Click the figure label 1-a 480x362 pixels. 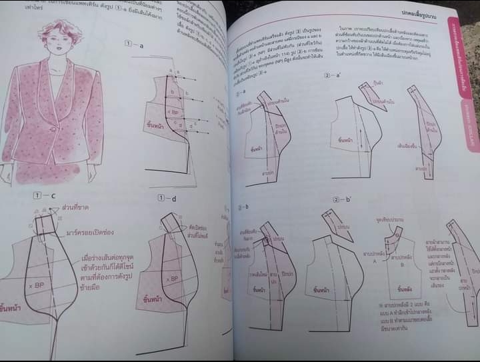[x=134, y=45]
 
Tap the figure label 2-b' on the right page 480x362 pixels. [x=333, y=200]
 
